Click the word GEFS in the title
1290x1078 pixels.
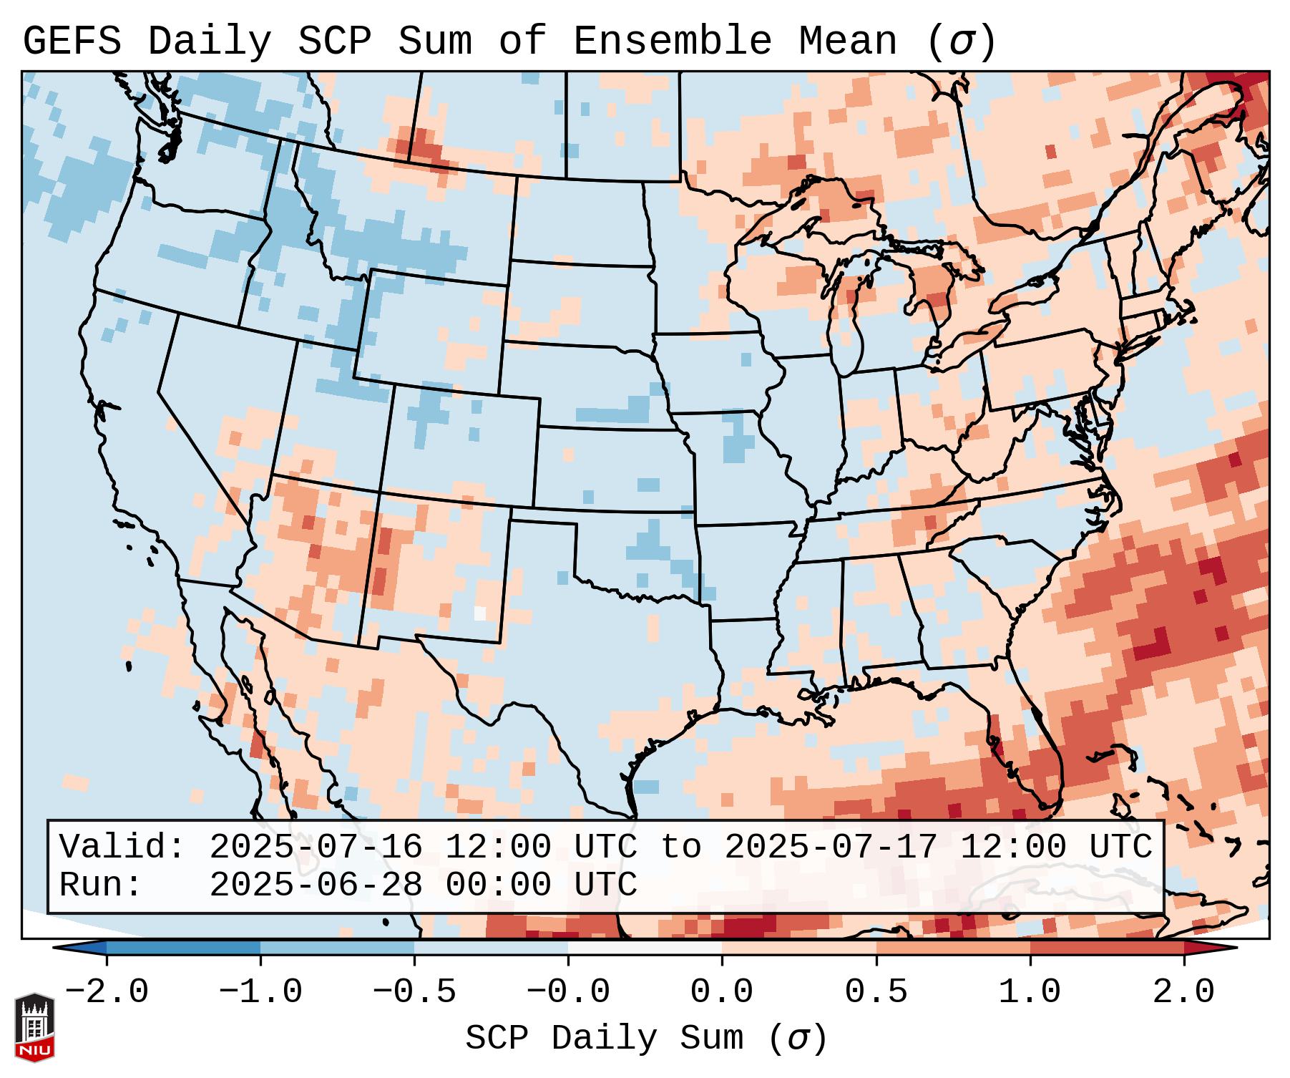pyautogui.click(x=72, y=42)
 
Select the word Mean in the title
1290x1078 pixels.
pyautogui.click(x=847, y=42)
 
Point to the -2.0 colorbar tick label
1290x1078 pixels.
pyautogui.click(x=107, y=992)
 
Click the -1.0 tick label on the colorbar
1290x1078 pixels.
pyautogui.click(x=260, y=992)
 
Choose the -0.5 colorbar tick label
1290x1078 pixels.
pyautogui.click(x=414, y=992)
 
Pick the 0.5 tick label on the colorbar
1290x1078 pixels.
pyautogui.click(x=876, y=992)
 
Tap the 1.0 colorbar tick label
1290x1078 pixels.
pyautogui.click(x=1030, y=992)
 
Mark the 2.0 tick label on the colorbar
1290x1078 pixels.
pyautogui.click(x=1184, y=992)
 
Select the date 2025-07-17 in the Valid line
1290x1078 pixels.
pyautogui.click(x=831, y=848)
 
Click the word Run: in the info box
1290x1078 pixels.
pyautogui.click(x=101, y=885)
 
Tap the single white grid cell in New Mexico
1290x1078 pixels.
pyautogui.click(x=480, y=613)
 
